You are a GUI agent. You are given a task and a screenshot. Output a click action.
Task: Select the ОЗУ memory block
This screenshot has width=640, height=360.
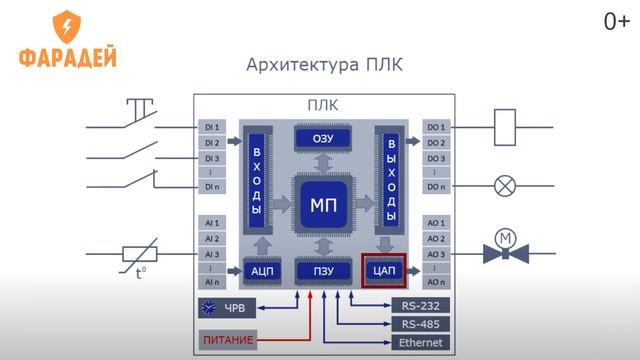pyautogui.click(x=323, y=139)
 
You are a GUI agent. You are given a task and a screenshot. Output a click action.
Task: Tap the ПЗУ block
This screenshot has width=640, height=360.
pyautogui.click(x=323, y=271)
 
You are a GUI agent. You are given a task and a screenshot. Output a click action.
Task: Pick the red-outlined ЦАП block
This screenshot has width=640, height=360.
pyautogui.click(x=384, y=271)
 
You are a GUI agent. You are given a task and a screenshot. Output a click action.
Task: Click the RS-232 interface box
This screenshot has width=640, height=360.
pyautogui.click(x=420, y=305)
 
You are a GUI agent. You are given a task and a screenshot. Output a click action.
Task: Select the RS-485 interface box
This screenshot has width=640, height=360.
pyautogui.click(x=420, y=324)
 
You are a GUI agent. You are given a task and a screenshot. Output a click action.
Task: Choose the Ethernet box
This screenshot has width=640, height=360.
pyautogui.click(x=420, y=342)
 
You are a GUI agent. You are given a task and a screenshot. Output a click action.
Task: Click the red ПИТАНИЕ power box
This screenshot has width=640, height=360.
pyautogui.click(x=227, y=341)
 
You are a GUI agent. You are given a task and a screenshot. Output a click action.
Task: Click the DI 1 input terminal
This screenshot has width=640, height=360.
pyautogui.click(x=211, y=128)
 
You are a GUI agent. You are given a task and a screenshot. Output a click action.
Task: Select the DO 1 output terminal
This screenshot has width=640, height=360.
pyautogui.click(x=436, y=128)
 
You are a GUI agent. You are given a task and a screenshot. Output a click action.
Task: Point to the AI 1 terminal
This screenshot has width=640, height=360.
pyautogui.click(x=211, y=222)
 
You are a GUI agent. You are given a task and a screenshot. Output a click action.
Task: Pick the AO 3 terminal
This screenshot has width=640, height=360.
pyautogui.click(x=436, y=254)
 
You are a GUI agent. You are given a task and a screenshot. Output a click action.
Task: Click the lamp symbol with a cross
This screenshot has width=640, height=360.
pyautogui.click(x=505, y=186)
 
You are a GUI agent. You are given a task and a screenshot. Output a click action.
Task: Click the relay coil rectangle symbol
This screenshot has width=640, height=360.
pyautogui.click(x=505, y=127)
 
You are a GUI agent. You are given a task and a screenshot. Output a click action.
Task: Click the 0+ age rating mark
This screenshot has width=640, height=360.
pyautogui.click(x=615, y=20)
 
